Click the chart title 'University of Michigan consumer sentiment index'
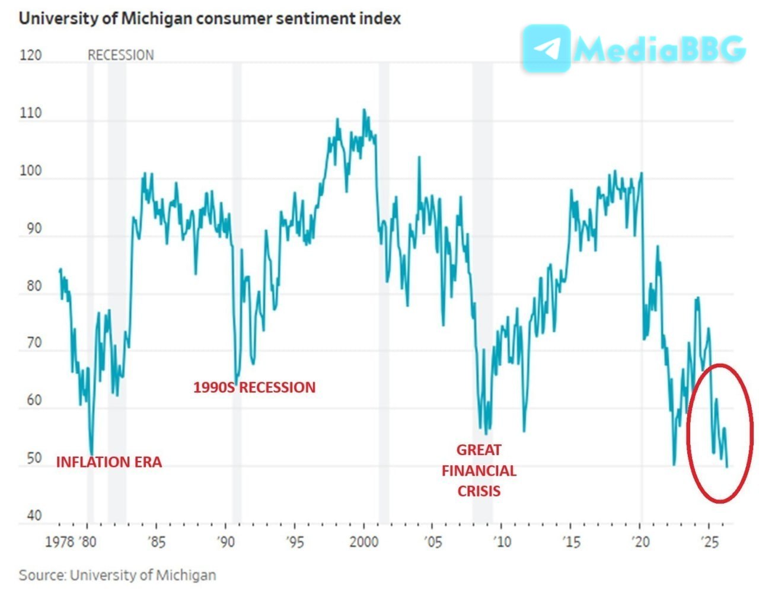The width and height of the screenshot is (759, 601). (x=210, y=18)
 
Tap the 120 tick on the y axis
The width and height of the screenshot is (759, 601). (x=31, y=55)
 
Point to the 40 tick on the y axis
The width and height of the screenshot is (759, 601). (x=34, y=515)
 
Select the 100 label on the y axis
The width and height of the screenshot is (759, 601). (x=31, y=171)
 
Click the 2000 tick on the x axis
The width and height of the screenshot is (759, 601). (x=363, y=542)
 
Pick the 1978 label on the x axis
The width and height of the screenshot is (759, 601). (x=59, y=542)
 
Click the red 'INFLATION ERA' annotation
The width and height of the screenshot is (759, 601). (x=109, y=462)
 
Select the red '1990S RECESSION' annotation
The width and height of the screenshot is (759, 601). (x=254, y=387)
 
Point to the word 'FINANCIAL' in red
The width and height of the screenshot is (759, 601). (x=479, y=471)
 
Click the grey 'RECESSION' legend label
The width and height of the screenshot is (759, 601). (x=121, y=55)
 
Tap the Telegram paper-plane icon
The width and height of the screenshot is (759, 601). (x=546, y=48)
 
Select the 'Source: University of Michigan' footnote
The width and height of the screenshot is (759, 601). (x=117, y=575)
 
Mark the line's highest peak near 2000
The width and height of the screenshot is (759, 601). (x=364, y=110)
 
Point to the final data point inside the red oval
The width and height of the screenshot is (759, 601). (x=727, y=467)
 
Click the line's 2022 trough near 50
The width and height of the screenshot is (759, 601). (x=674, y=464)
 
